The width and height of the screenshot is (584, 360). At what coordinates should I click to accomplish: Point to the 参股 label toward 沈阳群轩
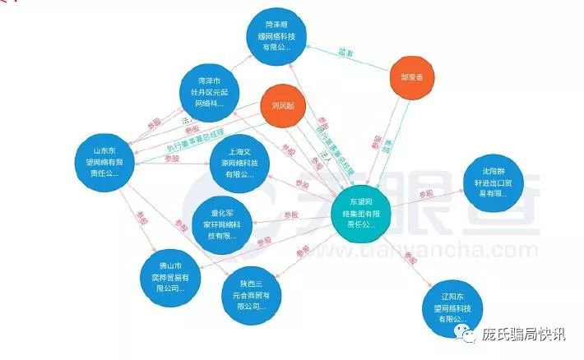(425, 194)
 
